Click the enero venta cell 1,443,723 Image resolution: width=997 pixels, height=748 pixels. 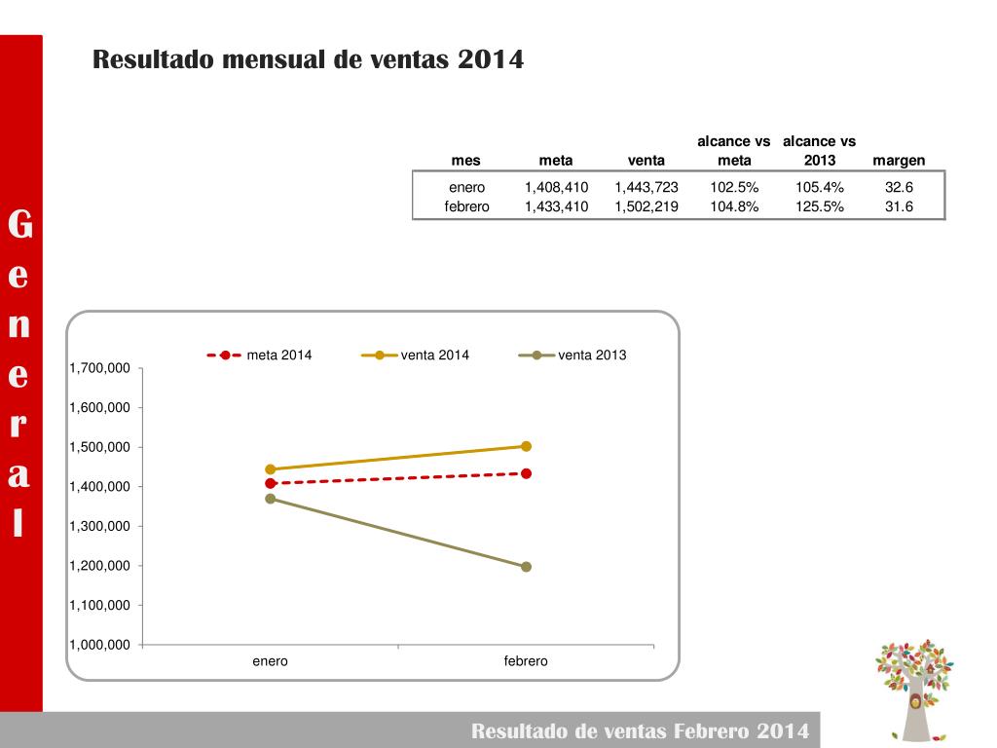coord(646,187)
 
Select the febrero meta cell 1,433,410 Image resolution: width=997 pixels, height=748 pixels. coord(556,206)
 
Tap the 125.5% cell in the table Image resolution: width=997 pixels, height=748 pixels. coord(819,206)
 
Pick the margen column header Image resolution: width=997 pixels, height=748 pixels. coord(899,161)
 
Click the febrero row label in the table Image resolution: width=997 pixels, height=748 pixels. coord(466,206)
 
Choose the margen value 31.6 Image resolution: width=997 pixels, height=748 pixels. coord(899,206)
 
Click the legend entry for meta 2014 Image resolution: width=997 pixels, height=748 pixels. coord(260,355)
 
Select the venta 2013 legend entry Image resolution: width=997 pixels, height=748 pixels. coord(573,355)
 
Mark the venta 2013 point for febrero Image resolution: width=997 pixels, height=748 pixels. coord(527,567)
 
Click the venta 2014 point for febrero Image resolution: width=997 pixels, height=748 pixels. coord(527,446)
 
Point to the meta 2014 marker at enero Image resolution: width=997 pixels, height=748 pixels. coord(271,483)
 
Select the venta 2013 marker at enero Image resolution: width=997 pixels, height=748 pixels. coord(271,499)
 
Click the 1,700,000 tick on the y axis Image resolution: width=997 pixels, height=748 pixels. coord(100,368)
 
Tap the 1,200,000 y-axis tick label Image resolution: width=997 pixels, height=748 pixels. coord(100,566)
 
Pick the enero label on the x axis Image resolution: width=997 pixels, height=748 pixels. coord(270,661)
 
